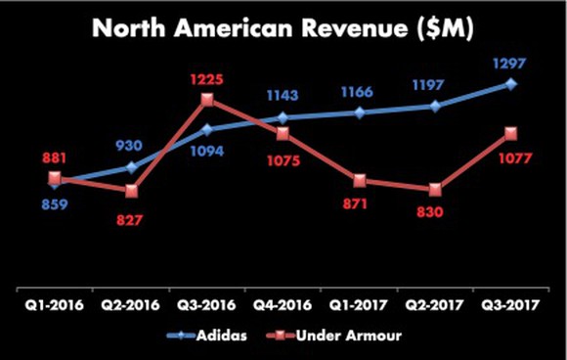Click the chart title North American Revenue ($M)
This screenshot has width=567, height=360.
pyautogui.click(x=283, y=30)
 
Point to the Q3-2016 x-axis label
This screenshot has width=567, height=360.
pyautogui.click(x=207, y=305)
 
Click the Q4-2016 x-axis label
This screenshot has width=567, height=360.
pyautogui.click(x=283, y=305)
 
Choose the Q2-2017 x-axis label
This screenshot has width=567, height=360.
pyautogui.click(x=436, y=305)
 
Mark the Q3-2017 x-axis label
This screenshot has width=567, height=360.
pyautogui.click(x=511, y=305)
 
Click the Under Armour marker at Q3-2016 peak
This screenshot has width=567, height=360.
pyautogui.click(x=207, y=99)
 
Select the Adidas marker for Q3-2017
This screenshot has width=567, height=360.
pyautogui.click(x=511, y=84)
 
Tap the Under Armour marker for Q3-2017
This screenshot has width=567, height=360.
pyautogui.click(x=511, y=133)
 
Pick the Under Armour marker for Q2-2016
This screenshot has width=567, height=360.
pyautogui.click(x=131, y=191)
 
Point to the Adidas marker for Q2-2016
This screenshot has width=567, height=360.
pyautogui.click(x=131, y=167)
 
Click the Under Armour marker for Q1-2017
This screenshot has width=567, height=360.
pyautogui.click(x=360, y=180)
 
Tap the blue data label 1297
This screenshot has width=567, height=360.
pyautogui.click(x=511, y=65)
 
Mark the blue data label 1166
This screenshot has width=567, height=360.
pyautogui.click(x=360, y=93)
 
